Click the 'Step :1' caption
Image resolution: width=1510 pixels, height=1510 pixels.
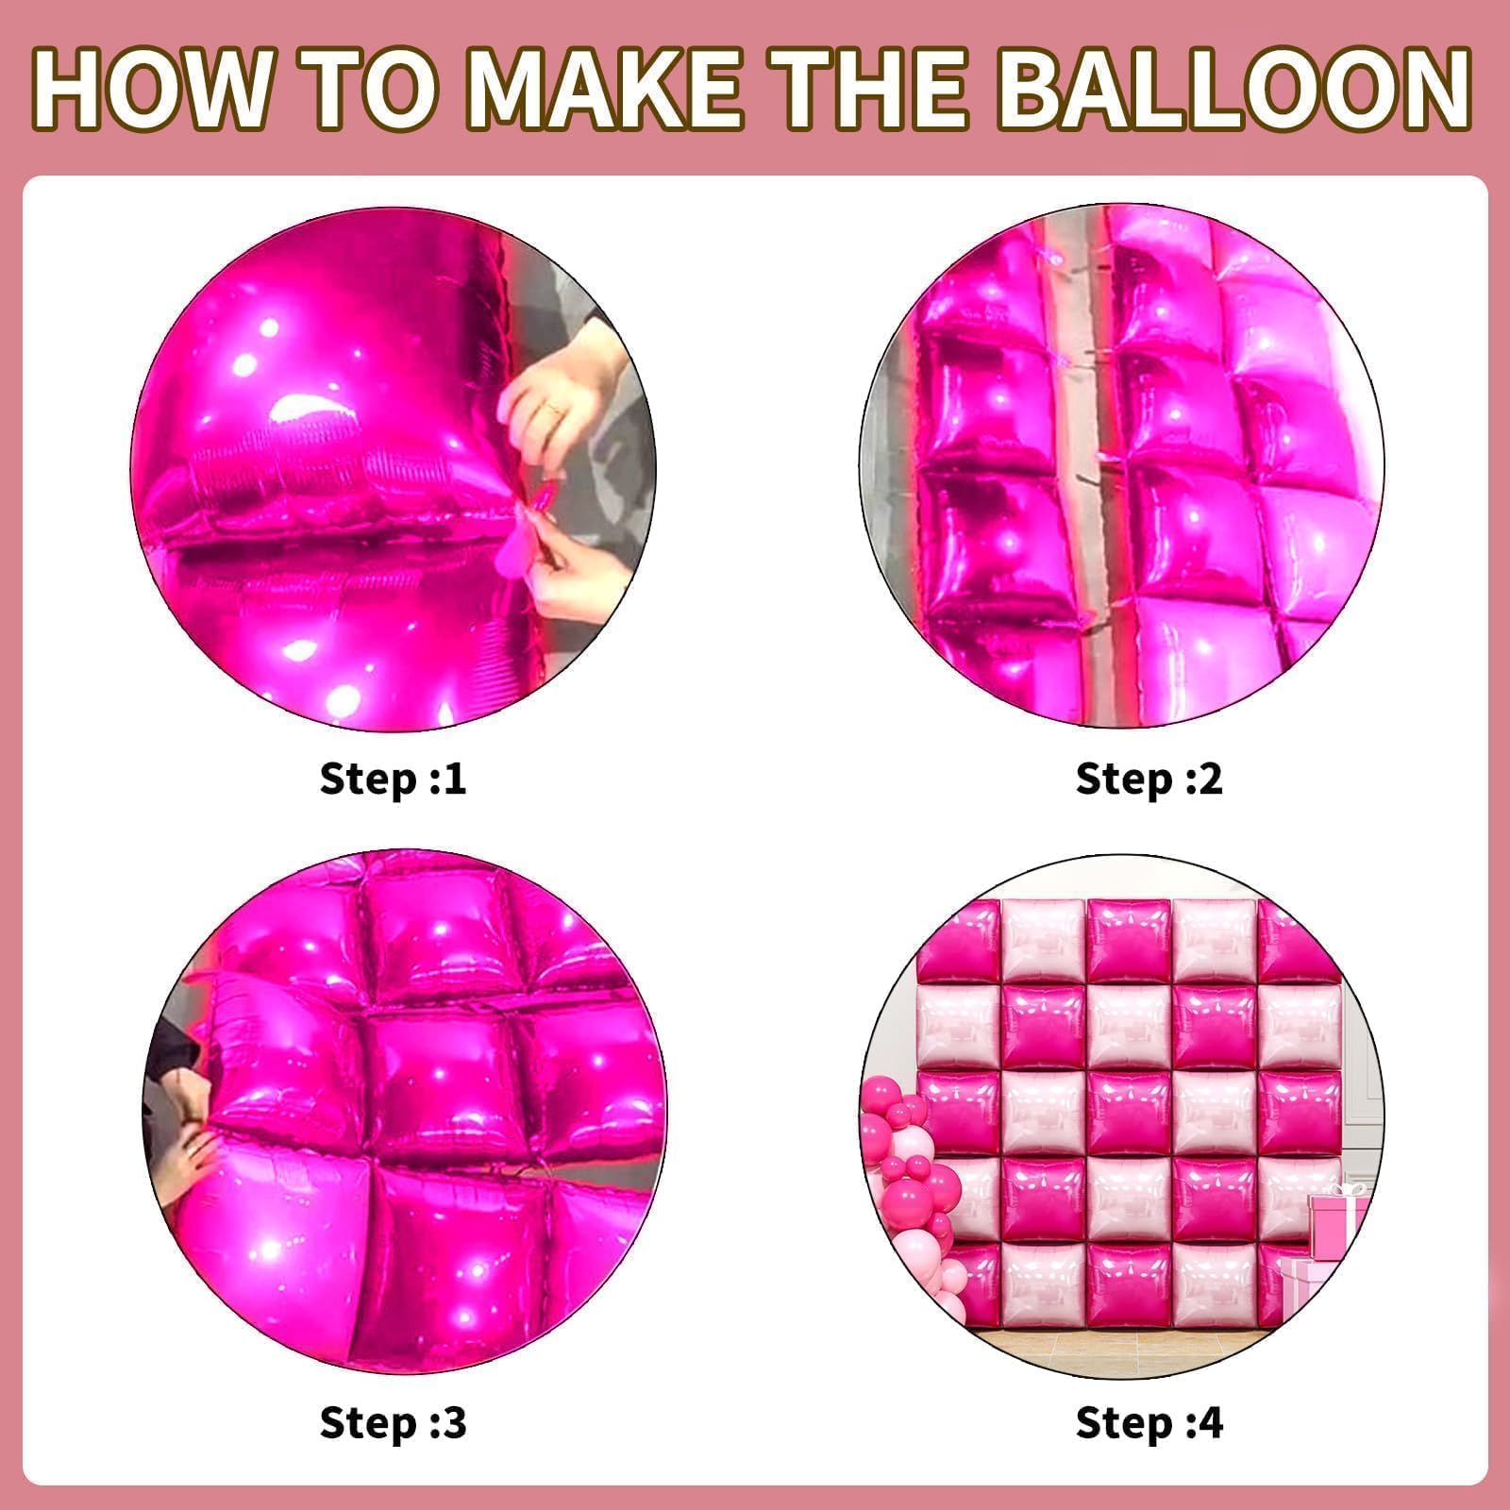click(x=394, y=780)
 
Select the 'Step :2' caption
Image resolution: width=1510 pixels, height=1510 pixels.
click(x=1149, y=780)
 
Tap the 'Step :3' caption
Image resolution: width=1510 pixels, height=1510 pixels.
click(x=394, y=1422)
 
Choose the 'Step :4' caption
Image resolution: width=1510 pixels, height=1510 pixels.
click(x=1149, y=1422)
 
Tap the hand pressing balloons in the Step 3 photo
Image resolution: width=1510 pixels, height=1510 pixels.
click(x=189, y=1166)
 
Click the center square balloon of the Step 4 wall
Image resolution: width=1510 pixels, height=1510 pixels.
click(x=1128, y=1114)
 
